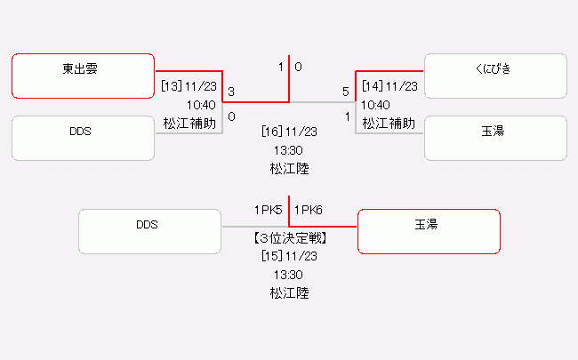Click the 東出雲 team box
(x=83, y=76)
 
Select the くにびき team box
(x=495, y=76)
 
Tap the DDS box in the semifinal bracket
(x=83, y=138)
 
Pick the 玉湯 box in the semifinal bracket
(x=495, y=138)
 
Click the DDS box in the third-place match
(x=149, y=231)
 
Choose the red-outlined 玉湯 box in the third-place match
(x=428, y=231)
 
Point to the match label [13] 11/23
(x=189, y=86)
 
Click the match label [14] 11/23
(x=389, y=86)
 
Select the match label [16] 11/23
(x=289, y=132)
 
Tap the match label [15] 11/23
(x=289, y=256)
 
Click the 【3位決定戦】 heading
(x=289, y=238)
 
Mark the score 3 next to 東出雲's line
(x=231, y=92)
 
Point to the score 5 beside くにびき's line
(x=346, y=92)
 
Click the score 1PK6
(x=308, y=211)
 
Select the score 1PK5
(x=269, y=211)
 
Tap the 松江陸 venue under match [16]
(x=289, y=167)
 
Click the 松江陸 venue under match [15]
(x=289, y=292)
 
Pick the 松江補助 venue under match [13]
(x=189, y=123)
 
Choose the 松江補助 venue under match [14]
(x=389, y=123)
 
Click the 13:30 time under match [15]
(x=289, y=274)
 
